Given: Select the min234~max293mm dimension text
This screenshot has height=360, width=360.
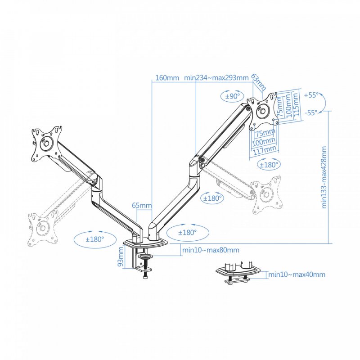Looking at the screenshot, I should (x=216, y=77).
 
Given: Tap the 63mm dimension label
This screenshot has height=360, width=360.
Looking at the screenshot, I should (x=258, y=82).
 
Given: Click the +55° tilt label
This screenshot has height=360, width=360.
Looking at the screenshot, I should (x=311, y=95).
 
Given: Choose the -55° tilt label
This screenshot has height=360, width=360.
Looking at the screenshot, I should (x=310, y=113).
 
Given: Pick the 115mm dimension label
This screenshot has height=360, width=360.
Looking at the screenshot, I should (x=296, y=105).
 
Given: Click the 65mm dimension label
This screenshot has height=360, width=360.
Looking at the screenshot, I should (x=142, y=206).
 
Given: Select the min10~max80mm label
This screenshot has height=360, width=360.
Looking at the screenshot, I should (x=211, y=250).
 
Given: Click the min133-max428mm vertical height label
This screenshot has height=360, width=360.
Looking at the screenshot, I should (x=325, y=178).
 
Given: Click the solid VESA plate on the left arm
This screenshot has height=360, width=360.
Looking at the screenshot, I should (x=45, y=143).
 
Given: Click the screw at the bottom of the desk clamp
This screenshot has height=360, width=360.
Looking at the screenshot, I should (x=146, y=278).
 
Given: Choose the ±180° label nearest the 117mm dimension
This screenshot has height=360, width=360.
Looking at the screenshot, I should (x=270, y=165).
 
